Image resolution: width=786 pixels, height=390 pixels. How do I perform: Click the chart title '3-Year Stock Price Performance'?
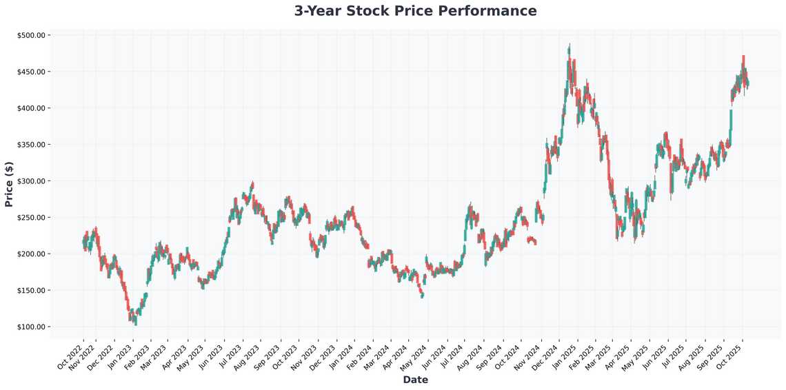point(415,11)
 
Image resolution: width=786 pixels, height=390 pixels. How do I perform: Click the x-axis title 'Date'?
point(415,380)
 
